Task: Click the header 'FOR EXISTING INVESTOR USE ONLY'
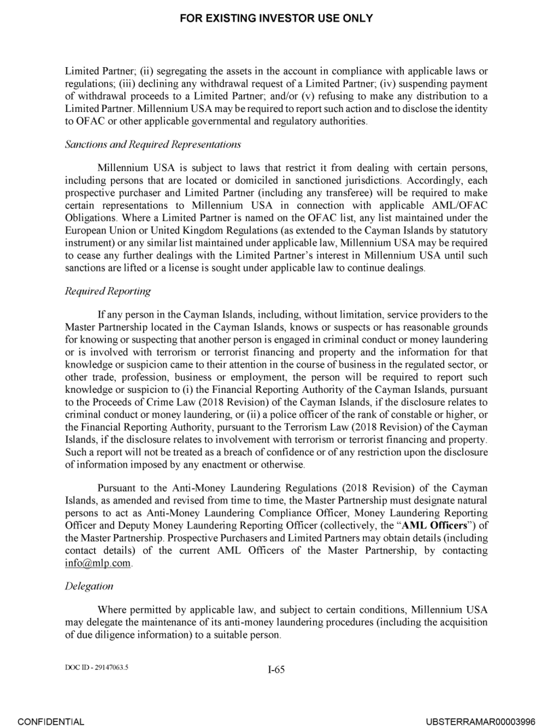276,18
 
